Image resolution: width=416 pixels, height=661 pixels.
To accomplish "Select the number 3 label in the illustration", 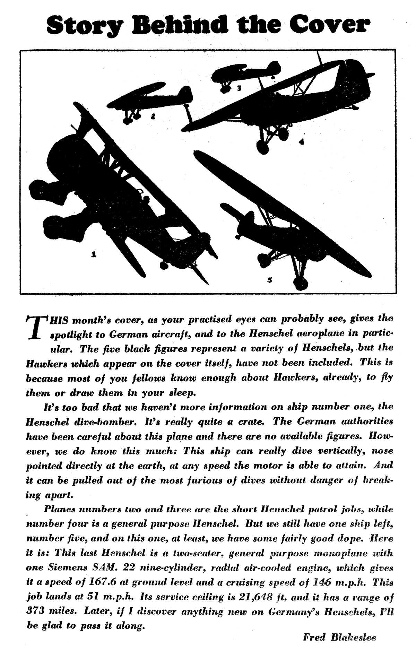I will [x=239, y=88].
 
